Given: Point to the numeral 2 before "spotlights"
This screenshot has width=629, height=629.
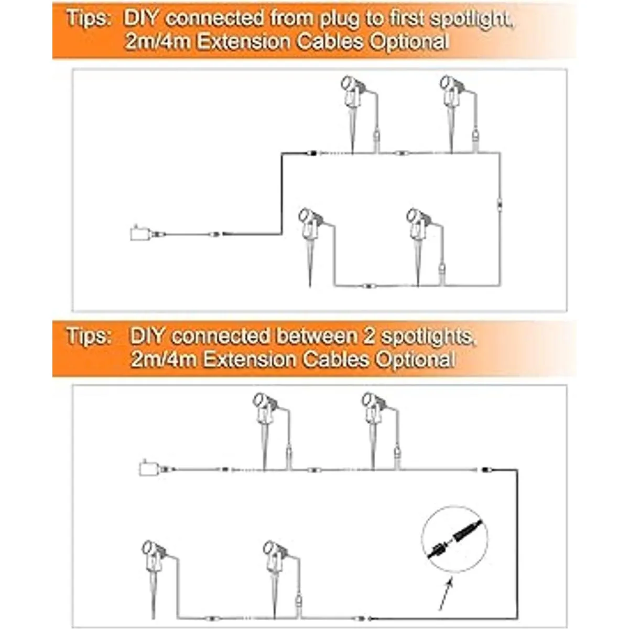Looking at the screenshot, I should (x=370, y=336).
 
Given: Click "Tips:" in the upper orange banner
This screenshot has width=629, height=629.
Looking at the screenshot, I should (x=88, y=18).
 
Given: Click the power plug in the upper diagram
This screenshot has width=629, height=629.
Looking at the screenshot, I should (x=138, y=233).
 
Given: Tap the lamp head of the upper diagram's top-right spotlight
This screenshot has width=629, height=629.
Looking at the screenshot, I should (x=447, y=83).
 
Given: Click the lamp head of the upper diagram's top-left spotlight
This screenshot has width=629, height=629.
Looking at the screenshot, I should (x=348, y=83).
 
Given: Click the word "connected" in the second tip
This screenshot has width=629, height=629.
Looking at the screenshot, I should (x=221, y=336).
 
